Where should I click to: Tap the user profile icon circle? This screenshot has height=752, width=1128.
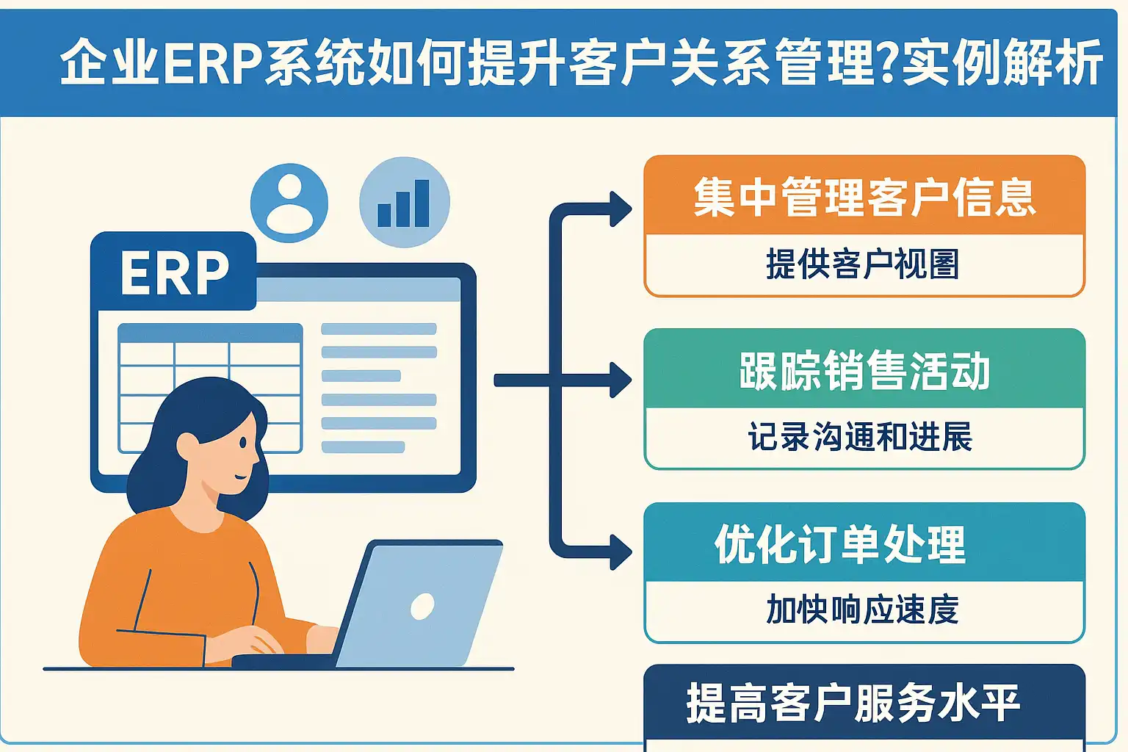pos(289,203)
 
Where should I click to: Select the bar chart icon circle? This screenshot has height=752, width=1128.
pos(405,203)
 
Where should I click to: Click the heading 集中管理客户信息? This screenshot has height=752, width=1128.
pos(864,197)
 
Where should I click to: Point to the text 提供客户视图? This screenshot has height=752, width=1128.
pos(863,264)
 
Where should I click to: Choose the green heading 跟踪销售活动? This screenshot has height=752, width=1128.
pos(864,370)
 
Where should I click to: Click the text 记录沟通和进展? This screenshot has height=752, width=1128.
pos(860,436)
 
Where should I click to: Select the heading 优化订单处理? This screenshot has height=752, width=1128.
pos(840,544)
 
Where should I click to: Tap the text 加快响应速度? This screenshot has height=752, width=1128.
pos(862,609)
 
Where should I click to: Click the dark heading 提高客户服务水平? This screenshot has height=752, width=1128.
pos(853,703)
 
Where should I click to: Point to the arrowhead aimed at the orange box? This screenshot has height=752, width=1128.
pos(621,209)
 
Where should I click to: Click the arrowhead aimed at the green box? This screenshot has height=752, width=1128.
pos(621,380)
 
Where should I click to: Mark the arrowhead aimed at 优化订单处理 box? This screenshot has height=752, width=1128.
pos(621,552)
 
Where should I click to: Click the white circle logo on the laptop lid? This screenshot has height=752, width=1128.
pos(422,607)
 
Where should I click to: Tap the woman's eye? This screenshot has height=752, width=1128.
pos(243,444)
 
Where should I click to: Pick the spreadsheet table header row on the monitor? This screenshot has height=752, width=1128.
pos(210,333)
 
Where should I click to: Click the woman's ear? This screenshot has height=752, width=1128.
pos(187,446)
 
